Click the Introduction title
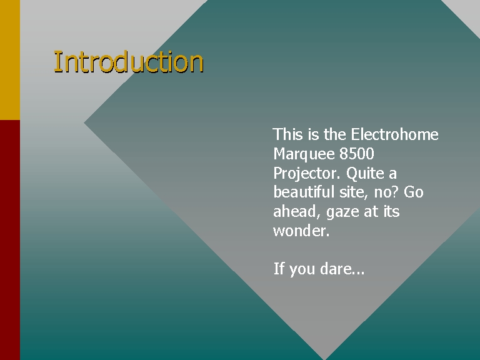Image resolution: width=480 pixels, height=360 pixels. coord(129,62)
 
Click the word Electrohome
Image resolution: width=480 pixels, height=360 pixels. coord(394,134)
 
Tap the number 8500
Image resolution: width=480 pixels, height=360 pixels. coord(357,153)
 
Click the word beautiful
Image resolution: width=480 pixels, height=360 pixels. coord(304,192)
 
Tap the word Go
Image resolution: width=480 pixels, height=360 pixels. coord(414,192)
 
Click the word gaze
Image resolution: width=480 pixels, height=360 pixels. coord(342,212)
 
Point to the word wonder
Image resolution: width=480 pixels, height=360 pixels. coord(301,231)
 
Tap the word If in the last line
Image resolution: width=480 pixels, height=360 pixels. coord(279,269)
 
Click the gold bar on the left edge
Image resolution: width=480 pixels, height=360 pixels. coord(10,60)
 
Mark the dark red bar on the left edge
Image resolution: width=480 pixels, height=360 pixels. coord(10,240)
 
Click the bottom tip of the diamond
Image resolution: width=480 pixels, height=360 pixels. coord(324,359)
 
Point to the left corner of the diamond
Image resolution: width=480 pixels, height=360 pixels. coord(84,122)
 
